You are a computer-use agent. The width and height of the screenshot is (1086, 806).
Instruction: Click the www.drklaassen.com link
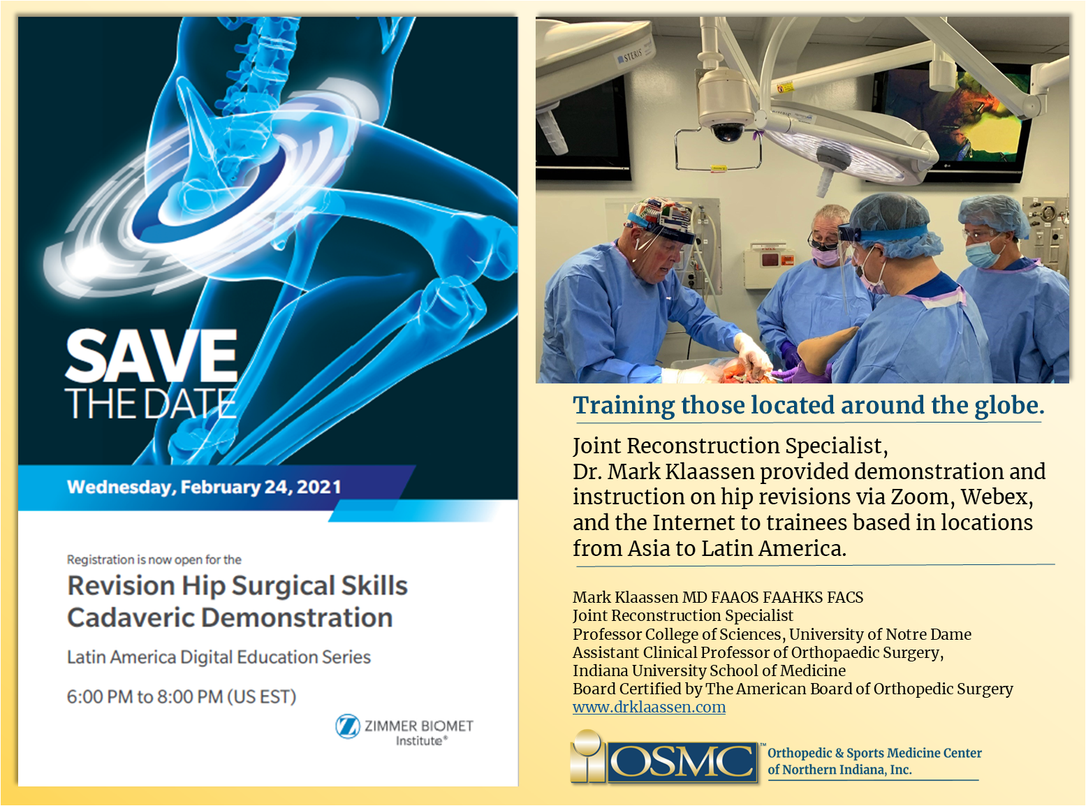(649, 707)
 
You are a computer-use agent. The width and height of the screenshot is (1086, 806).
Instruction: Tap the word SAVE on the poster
(152, 356)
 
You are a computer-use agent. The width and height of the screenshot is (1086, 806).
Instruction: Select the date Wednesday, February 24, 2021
(204, 487)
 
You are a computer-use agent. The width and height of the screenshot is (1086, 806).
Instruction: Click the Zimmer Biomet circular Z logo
(348, 726)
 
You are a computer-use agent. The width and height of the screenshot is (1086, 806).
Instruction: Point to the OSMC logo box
(681, 761)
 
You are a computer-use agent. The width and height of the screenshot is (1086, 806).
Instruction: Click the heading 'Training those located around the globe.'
(808, 406)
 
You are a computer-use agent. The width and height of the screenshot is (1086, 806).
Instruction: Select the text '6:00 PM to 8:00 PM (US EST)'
(182, 696)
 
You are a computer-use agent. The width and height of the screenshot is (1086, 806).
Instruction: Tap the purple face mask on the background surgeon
(825, 256)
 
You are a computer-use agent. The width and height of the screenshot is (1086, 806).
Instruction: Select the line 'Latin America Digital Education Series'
(219, 657)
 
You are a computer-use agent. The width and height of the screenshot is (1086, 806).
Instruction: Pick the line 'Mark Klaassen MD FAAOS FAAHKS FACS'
(718, 597)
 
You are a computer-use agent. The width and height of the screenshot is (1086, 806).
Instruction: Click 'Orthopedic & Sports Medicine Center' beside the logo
(874, 753)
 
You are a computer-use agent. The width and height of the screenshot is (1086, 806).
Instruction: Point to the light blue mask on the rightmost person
(981, 251)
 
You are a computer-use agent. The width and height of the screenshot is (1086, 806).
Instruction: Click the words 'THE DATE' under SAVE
(150, 403)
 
